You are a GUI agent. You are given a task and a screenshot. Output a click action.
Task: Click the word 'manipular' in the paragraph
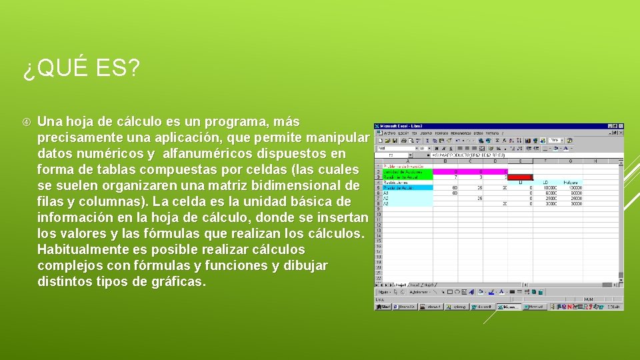coord(337,138)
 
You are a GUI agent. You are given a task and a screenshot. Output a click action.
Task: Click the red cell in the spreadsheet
coord(520,177)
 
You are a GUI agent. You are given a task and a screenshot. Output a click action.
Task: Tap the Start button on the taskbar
coord(383,307)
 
